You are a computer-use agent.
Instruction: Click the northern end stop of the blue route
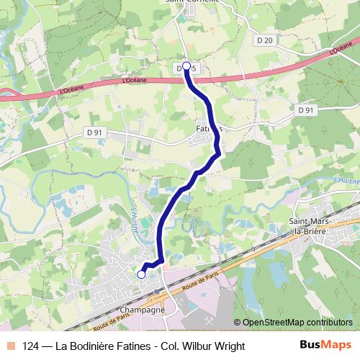186,66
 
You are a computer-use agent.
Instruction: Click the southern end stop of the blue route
141,274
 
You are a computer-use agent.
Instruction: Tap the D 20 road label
264,40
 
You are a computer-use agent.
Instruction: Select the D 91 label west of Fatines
94,132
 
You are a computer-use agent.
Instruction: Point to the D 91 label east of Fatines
306,110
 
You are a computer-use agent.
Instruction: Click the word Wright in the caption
228,346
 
